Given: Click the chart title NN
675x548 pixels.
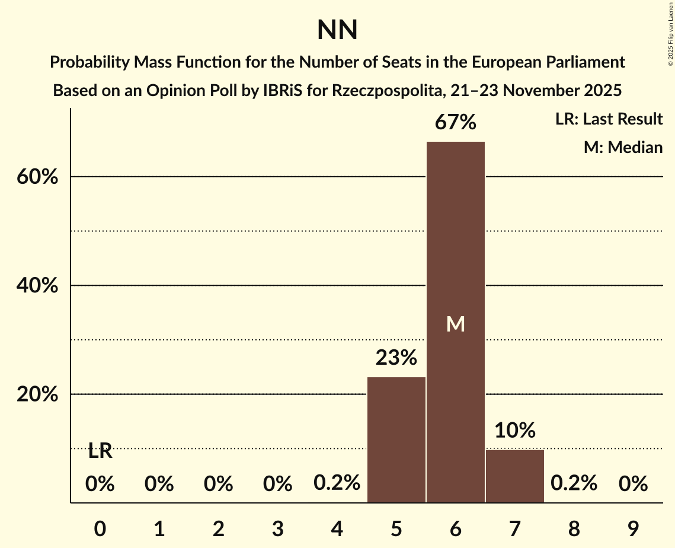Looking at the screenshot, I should coord(337,30).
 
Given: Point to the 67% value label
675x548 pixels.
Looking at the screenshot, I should coord(455,123).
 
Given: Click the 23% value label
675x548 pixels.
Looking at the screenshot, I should coord(396,358).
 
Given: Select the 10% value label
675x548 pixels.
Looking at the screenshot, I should coord(514,430).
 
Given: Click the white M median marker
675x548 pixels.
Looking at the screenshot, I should coord(455,324).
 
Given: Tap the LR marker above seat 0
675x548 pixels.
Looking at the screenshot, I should coord(100,451).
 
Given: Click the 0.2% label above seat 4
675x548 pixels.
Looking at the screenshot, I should coord(337,483).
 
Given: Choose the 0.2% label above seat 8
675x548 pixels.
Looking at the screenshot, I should coord(574,483).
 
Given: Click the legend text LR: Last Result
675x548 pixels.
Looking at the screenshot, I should coord(609,119).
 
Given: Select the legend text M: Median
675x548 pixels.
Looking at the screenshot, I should coord(623,147).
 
